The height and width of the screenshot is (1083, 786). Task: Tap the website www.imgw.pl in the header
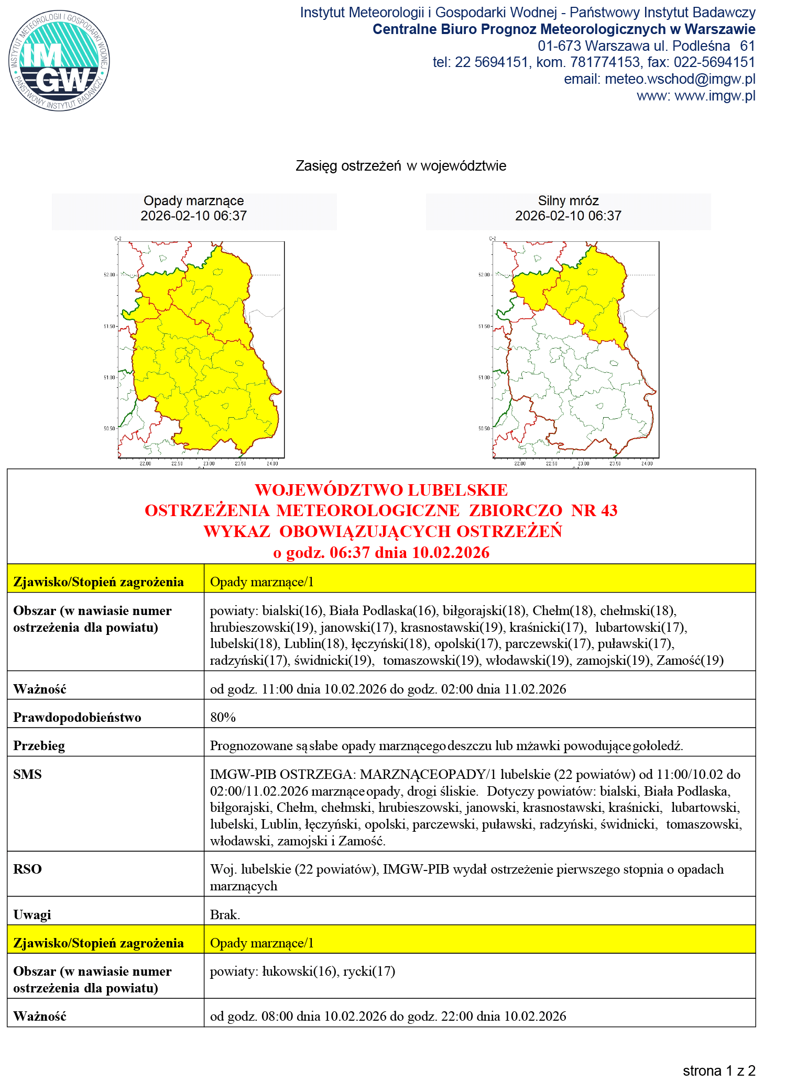(715, 96)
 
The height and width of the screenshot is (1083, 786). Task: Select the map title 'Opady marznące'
(193, 201)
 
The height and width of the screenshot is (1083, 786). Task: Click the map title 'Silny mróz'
(568, 201)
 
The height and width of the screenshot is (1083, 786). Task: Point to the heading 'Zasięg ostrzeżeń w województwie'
(401, 166)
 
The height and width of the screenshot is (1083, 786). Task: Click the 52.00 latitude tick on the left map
(109, 275)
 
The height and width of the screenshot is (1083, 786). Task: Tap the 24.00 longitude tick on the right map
(647, 463)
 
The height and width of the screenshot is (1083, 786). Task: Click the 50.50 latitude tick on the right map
(484, 429)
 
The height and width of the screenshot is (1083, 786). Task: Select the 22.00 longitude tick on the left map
(145, 463)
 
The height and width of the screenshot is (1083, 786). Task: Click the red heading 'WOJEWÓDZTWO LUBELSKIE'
(381, 490)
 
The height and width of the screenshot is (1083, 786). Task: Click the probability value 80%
(223, 717)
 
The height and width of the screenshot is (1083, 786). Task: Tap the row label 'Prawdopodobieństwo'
(77, 717)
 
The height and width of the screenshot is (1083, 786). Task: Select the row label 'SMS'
(27, 774)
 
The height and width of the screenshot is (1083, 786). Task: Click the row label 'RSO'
(27, 869)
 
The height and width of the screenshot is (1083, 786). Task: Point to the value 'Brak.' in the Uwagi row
(225, 914)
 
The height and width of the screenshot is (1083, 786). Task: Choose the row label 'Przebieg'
(39, 746)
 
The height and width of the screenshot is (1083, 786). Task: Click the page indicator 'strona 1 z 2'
(719, 1070)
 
